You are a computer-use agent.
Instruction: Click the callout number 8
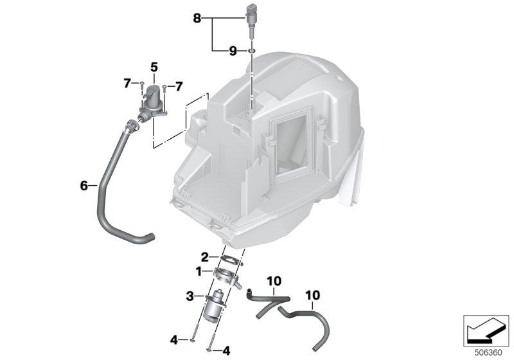pyautogui.click(x=197, y=19)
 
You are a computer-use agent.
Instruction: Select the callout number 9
pyautogui.click(x=233, y=51)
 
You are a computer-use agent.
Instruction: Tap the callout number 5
pyautogui.click(x=154, y=67)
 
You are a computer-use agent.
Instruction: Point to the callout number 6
pyautogui.click(x=84, y=186)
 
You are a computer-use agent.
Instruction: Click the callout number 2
pyautogui.click(x=204, y=257)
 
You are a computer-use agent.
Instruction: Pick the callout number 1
pyautogui.click(x=199, y=271)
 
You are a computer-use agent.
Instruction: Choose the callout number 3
pyautogui.click(x=190, y=297)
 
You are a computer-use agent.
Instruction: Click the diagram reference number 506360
pyautogui.click(x=488, y=353)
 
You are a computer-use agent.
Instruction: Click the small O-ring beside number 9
pyautogui.click(x=251, y=51)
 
